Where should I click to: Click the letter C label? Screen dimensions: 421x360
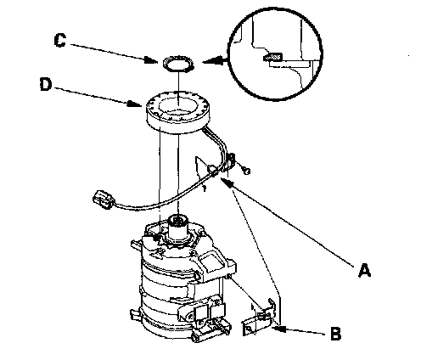pyautogui.click(x=60, y=40)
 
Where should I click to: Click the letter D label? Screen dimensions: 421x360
pyautogui.click(x=46, y=84)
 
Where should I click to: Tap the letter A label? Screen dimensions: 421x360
pyautogui.click(x=364, y=270)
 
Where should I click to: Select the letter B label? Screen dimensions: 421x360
pyautogui.click(x=335, y=334)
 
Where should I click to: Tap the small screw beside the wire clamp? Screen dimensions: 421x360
pyautogui.click(x=247, y=171)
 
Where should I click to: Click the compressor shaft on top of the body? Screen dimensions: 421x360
pyautogui.click(x=177, y=227)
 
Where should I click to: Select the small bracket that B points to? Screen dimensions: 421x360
pyautogui.click(x=259, y=318)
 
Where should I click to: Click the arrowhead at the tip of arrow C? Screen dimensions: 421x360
pyautogui.click(x=152, y=60)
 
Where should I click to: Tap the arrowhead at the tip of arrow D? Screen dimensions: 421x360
pyautogui.click(x=135, y=104)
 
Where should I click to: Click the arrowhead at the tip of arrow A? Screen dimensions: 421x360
pyautogui.click(x=228, y=183)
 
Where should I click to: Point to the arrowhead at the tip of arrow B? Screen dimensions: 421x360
pyautogui.click(x=279, y=329)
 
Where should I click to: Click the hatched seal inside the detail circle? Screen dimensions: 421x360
pyautogui.click(x=272, y=57)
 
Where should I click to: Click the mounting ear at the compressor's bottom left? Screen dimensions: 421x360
pyautogui.click(x=135, y=314)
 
